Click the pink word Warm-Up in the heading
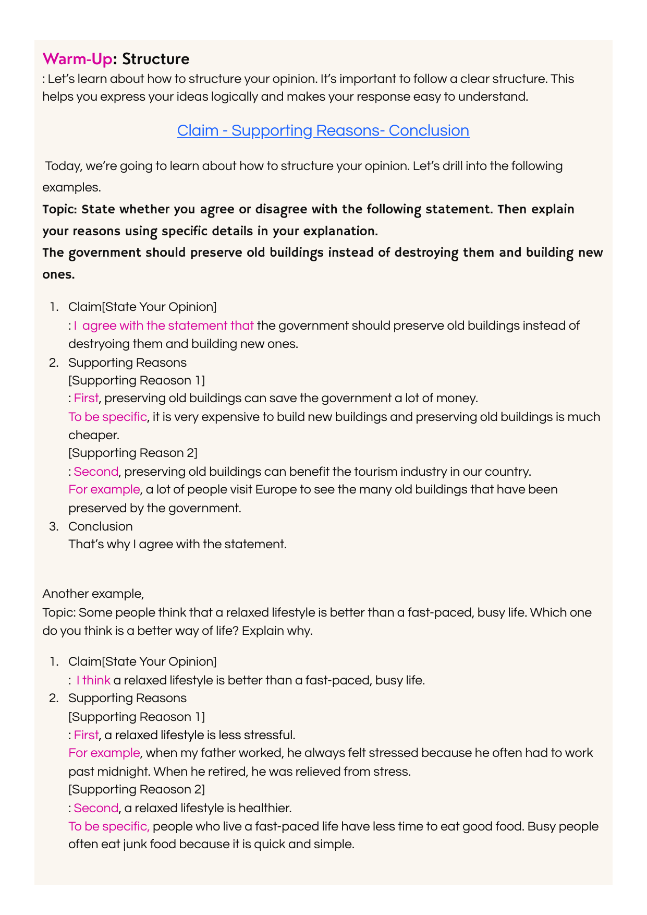pyautogui.click(x=77, y=59)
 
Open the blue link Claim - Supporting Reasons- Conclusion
pyautogui.click(x=323, y=130)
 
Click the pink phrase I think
pyautogui.click(x=93, y=680)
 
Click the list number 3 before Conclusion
pyautogui.click(x=54, y=526)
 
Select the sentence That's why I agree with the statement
pyautogui.click(x=177, y=544)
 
